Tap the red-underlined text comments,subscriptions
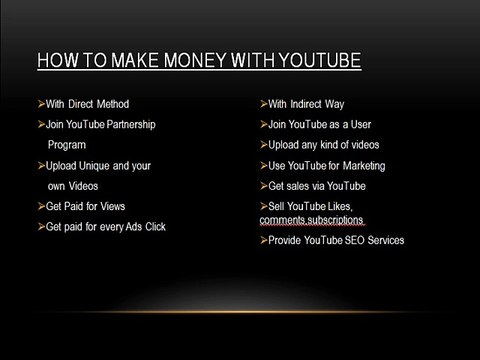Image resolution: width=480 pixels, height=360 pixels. [x=312, y=219]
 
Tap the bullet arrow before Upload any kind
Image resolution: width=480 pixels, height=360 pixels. [x=262, y=145]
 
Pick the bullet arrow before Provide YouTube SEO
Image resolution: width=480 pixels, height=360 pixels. [x=262, y=241]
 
